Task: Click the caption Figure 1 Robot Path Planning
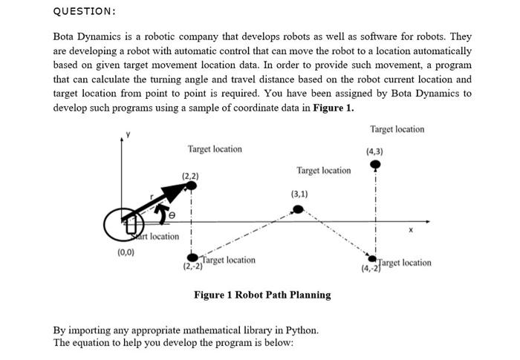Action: tap(262, 295)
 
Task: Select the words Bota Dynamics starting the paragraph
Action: tap(88, 36)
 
